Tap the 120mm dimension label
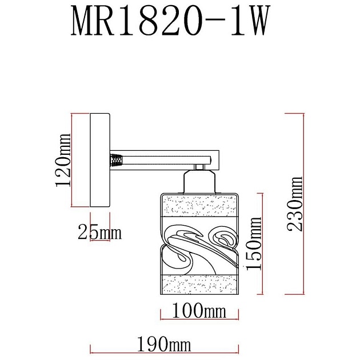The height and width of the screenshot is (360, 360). pyautogui.click(x=62, y=161)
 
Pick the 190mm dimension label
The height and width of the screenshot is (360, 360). pyautogui.click(x=163, y=345)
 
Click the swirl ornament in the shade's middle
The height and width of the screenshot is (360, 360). pyautogui.click(x=199, y=246)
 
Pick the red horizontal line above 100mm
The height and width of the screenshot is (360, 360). pyautogui.click(x=199, y=319)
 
